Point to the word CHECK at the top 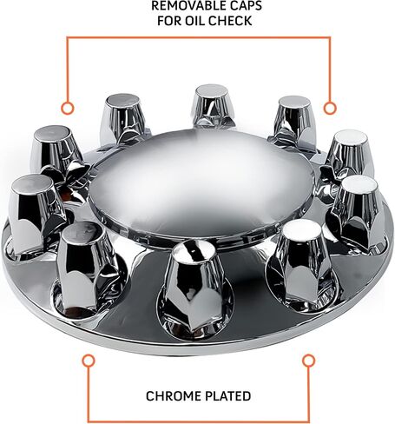click(229, 21)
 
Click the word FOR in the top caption click(169, 21)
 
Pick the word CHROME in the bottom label click(171, 396)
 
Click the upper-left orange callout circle click(68, 109)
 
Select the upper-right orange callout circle click(330, 109)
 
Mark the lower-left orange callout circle click(89, 361)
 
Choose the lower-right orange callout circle click(308, 361)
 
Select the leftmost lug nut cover click(34, 215)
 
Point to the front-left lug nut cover click(88, 267)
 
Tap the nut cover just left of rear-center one click(124, 119)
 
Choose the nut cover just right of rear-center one click(293, 122)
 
